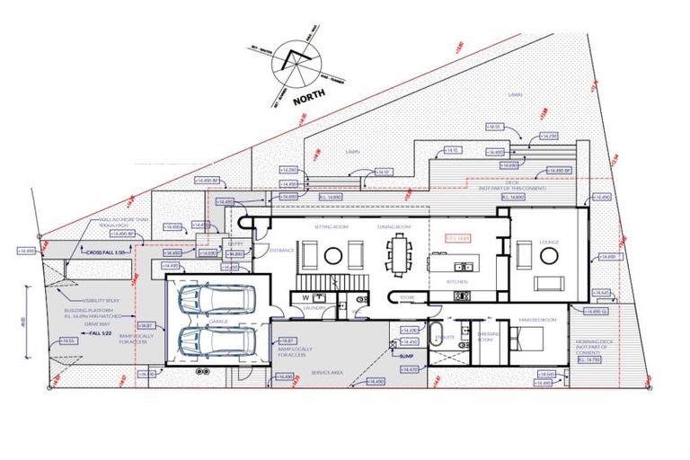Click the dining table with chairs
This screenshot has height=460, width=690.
point(396,253)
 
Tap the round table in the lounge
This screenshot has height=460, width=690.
point(547,255)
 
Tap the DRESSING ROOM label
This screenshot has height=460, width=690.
point(486,338)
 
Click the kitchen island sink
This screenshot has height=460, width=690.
point(462,266)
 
